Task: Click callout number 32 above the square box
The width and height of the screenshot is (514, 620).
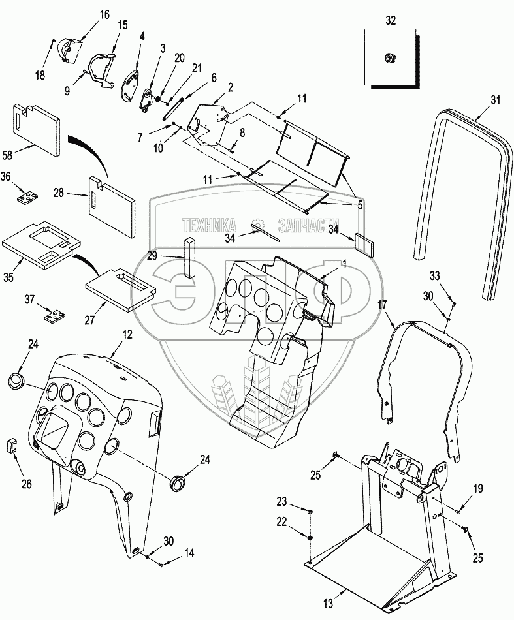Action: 390,20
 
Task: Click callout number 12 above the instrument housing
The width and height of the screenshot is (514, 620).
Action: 127,333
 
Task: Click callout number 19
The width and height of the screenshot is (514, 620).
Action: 477,488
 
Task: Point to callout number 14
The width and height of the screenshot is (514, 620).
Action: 189,553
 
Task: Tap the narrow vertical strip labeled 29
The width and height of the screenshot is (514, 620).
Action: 189,257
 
